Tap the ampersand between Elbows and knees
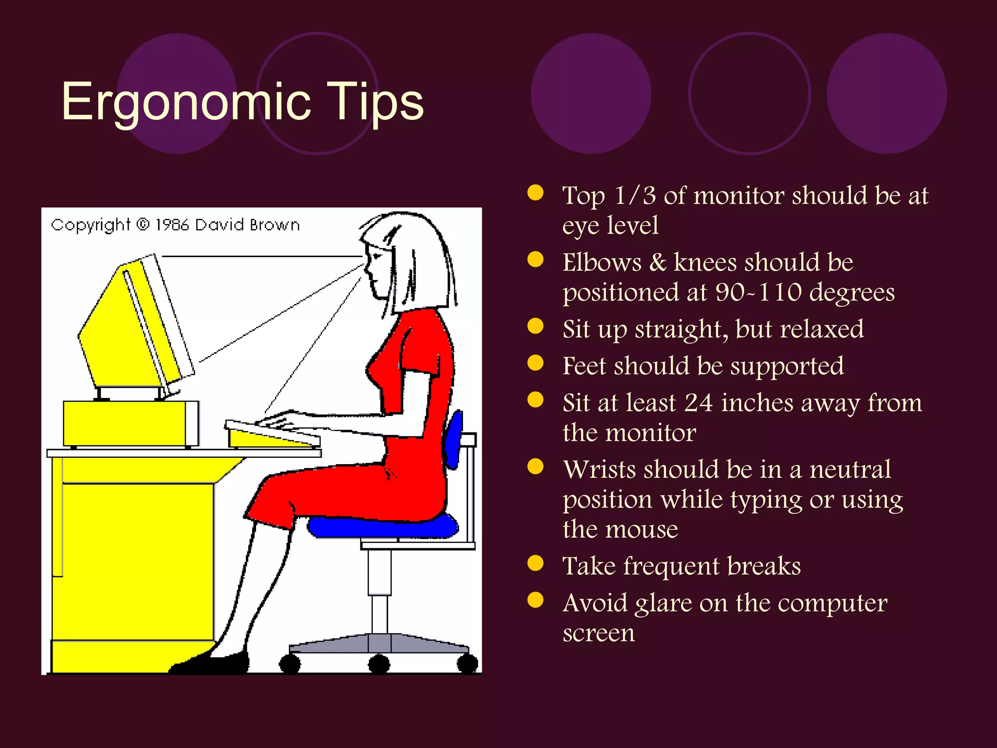click(657, 262)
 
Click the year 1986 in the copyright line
click(172, 224)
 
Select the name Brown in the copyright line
click(275, 224)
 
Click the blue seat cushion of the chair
click(383, 527)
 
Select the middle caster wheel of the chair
click(379, 664)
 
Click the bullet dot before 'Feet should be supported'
click(535, 363)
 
